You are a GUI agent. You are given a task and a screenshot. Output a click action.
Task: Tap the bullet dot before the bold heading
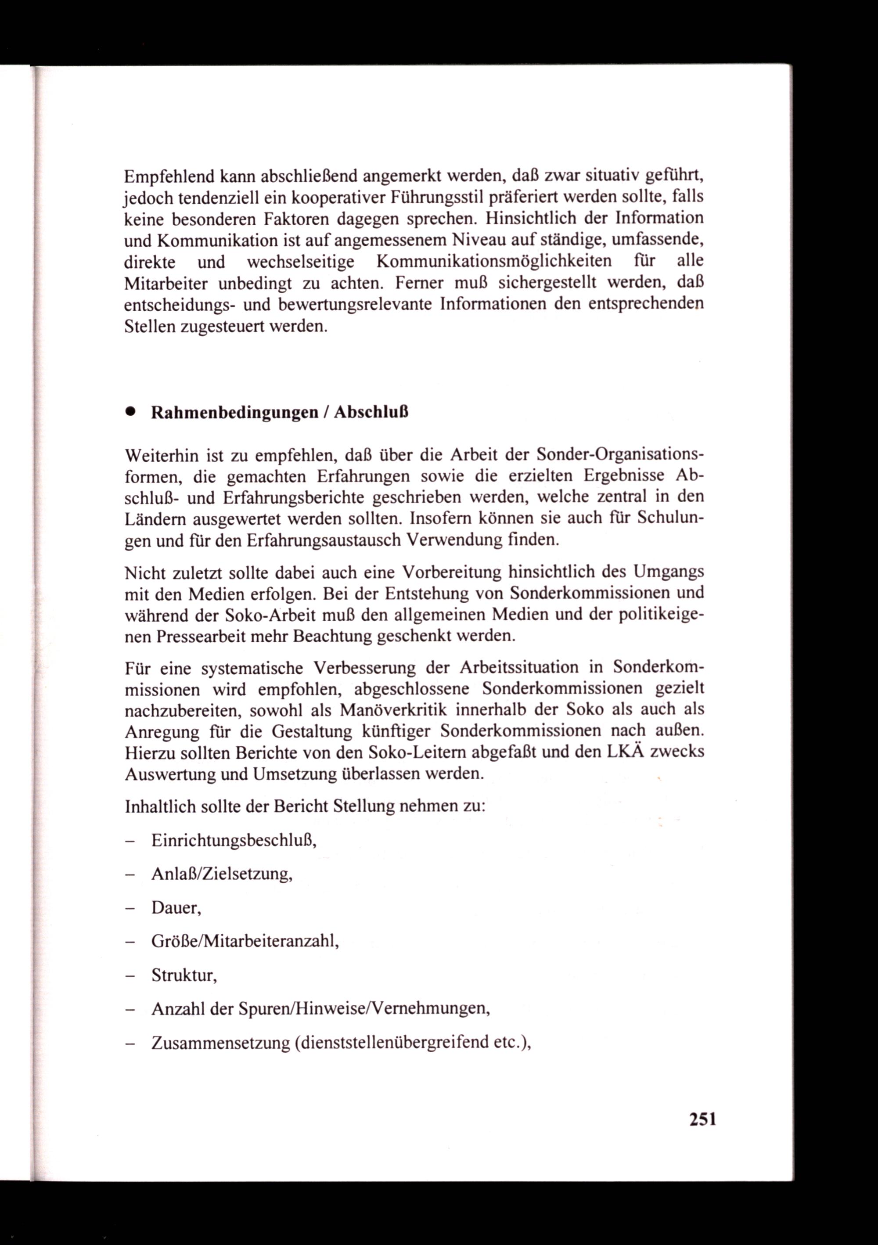click(129, 412)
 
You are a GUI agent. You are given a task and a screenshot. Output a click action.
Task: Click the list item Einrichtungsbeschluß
click(234, 841)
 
